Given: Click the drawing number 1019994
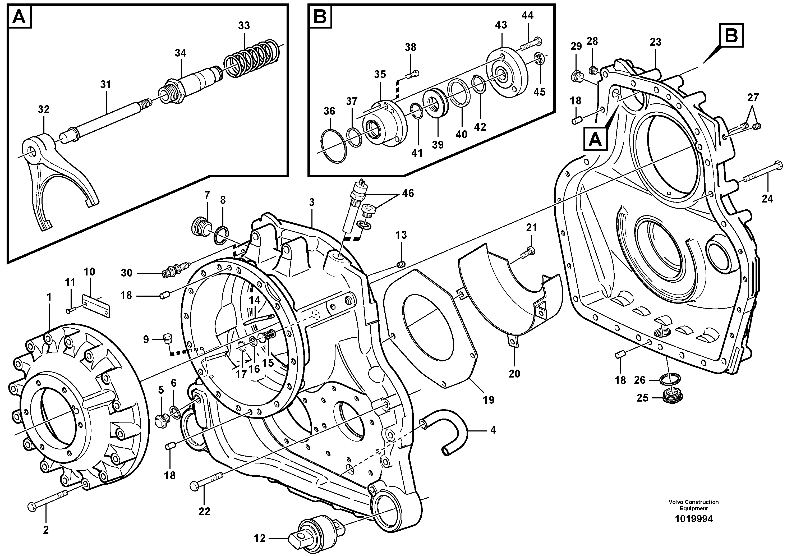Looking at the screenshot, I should click(x=693, y=519).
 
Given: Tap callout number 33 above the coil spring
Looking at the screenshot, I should click(x=244, y=26).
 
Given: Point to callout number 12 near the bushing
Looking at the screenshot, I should click(x=260, y=538).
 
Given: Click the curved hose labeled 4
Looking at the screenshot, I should click(x=449, y=429).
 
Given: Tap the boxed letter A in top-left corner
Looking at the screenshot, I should click(x=19, y=16).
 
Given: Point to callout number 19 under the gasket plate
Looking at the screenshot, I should click(x=489, y=399).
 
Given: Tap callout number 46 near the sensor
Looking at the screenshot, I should click(x=408, y=193).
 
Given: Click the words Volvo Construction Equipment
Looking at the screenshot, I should click(x=693, y=505).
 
